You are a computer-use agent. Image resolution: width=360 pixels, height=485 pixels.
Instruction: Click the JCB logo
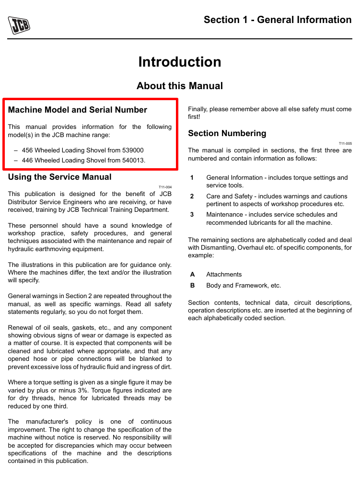coord(19,25)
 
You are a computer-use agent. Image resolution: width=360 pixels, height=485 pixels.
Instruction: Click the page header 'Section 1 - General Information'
coord(278,20)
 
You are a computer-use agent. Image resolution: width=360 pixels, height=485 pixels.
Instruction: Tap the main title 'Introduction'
coord(180,62)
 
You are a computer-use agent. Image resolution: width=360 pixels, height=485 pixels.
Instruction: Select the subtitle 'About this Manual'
coord(180,86)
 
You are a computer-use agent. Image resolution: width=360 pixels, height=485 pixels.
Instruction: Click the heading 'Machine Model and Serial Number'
coord(78,110)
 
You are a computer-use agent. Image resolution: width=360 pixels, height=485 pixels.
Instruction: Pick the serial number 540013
coord(133,160)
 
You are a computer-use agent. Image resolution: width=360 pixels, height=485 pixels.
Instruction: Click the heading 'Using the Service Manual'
coord(60,177)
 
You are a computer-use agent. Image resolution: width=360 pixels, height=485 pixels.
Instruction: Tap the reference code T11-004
coord(165,187)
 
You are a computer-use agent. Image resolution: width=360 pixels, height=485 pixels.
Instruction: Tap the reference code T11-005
coord(345,143)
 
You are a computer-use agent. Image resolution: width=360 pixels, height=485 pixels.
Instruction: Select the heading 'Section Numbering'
coord(227,133)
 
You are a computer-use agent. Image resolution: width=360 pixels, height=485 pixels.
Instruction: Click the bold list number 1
coord(192,178)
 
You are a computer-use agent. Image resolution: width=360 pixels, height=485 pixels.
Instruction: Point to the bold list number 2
coord(192,196)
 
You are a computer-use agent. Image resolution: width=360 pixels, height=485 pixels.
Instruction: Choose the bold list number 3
coord(192,215)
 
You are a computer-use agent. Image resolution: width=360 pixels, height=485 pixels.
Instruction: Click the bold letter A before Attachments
coord(192,275)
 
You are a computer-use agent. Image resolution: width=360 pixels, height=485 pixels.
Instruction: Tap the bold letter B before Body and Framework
coord(192,286)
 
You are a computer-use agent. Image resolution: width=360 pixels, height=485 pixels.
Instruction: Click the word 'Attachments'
coord(224,275)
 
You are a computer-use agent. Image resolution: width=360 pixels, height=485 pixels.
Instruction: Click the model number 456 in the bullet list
coord(27,150)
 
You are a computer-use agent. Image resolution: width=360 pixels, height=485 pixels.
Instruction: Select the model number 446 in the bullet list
coord(27,160)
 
